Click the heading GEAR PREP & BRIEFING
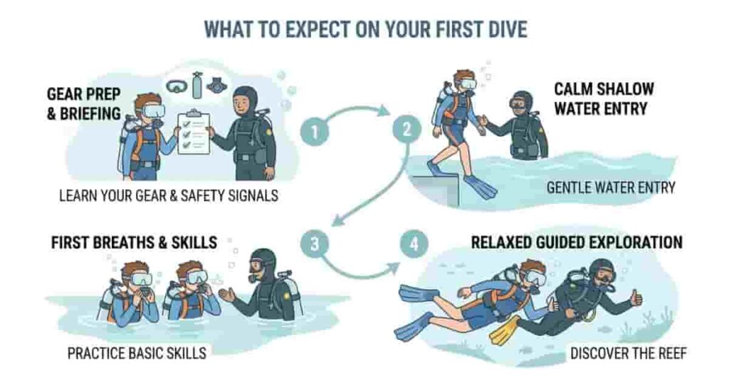pyautogui.click(x=83, y=103)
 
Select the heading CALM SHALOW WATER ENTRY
pyautogui.click(x=604, y=100)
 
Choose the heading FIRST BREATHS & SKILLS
pyautogui.click(x=134, y=242)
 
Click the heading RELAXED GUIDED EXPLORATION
pyautogui.click(x=577, y=242)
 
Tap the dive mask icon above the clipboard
pyautogui.click(x=177, y=86)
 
